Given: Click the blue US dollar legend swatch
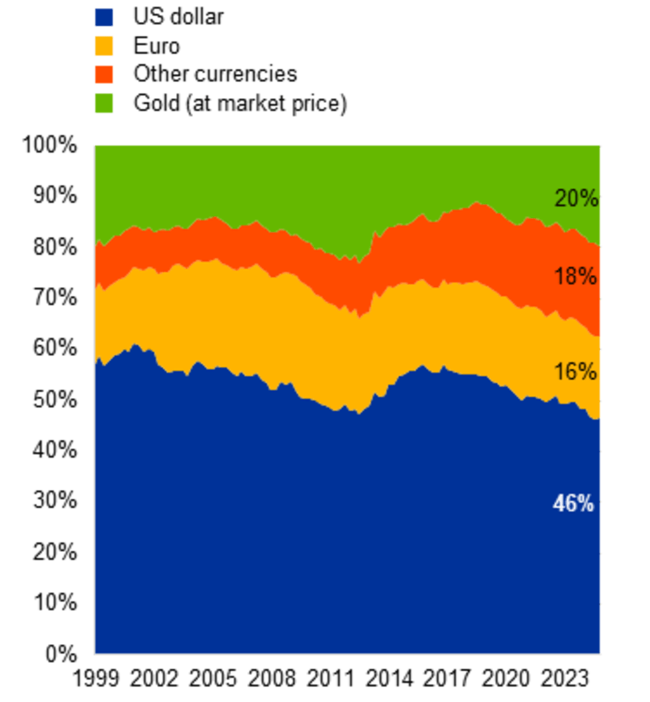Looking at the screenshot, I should [104, 17].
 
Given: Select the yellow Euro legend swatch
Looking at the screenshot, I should [104, 46].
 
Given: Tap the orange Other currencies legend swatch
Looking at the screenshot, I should [104, 74].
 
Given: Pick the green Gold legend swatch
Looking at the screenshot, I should [104, 104].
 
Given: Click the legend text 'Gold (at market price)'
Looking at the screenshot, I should [240, 104].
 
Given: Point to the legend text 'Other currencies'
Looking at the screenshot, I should [215, 74].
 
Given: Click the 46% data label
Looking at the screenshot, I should [573, 503].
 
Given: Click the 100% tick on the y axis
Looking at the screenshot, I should [50, 145].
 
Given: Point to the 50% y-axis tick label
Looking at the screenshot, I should [55, 399].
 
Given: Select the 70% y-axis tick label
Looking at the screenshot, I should [55, 297].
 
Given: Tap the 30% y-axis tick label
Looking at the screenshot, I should [55, 501].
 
